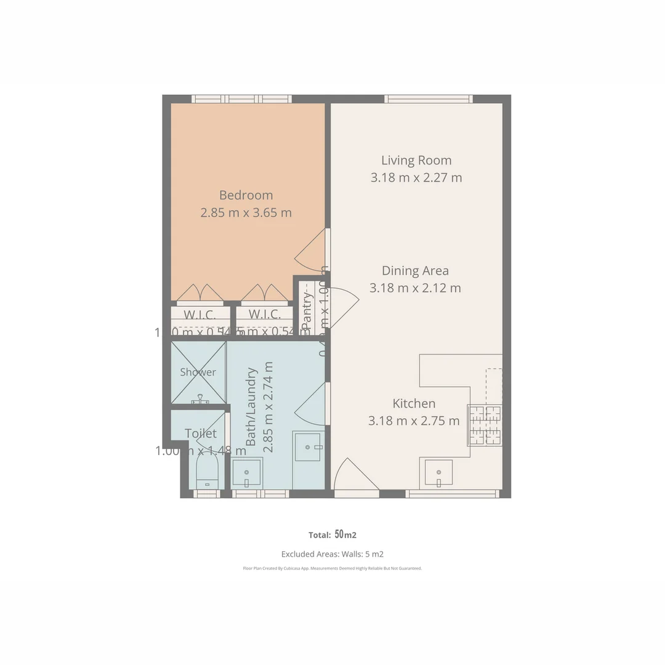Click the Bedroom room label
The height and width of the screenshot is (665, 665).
pyautogui.click(x=246, y=195)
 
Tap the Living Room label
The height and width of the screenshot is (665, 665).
pyautogui.click(x=416, y=161)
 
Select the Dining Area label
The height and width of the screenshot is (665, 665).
pyautogui.click(x=415, y=270)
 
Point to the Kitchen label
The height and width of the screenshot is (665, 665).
pyautogui.click(x=414, y=403)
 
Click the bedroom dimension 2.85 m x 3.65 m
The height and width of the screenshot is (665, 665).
pyautogui.click(x=246, y=213)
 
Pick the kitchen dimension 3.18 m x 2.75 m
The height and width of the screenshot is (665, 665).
pyautogui.click(x=414, y=421)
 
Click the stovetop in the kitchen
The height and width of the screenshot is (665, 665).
pyautogui.click(x=485, y=424)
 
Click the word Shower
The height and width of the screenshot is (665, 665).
pyautogui.click(x=198, y=372)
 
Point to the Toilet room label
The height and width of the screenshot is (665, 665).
pyautogui.click(x=201, y=433)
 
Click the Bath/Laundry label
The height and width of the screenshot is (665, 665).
pyautogui.click(x=251, y=406)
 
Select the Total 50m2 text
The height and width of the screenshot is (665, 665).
pyautogui.click(x=332, y=534)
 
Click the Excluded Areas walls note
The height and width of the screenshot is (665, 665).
pyautogui.click(x=332, y=554)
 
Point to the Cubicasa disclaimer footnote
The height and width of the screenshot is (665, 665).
pyautogui.click(x=332, y=568)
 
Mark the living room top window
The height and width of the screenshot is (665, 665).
pyautogui.click(x=429, y=99)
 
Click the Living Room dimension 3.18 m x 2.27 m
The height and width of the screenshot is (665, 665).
pyautogui.click(x=416, y=178)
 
